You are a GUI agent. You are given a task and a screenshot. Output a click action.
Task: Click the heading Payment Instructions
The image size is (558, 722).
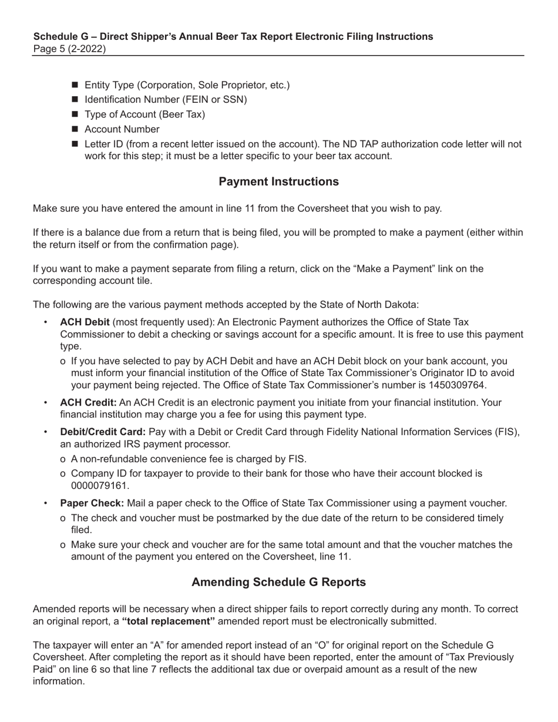coord(278,181)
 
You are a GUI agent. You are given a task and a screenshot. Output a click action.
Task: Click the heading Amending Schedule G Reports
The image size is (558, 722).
coord(278,582)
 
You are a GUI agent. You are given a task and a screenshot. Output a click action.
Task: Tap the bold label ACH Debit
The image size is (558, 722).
coord(85,322)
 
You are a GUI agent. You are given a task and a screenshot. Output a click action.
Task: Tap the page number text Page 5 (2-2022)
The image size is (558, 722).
coord(69,49)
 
